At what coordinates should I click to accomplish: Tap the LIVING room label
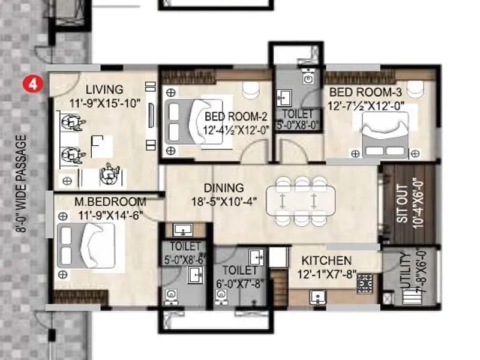click(104, 89)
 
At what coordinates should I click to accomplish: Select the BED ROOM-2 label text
click(235, 115)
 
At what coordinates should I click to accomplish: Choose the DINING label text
click(223, 188)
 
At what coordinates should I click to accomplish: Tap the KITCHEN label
click(326, 261)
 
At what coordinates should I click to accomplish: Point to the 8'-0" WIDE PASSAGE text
click(22, 184)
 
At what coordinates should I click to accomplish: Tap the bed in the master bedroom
click(86, 245)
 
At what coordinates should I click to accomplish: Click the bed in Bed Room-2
click(186, 121)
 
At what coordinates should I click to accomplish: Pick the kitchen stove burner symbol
click(365, 283)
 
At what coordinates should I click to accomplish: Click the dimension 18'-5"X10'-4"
click(224, 202)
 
